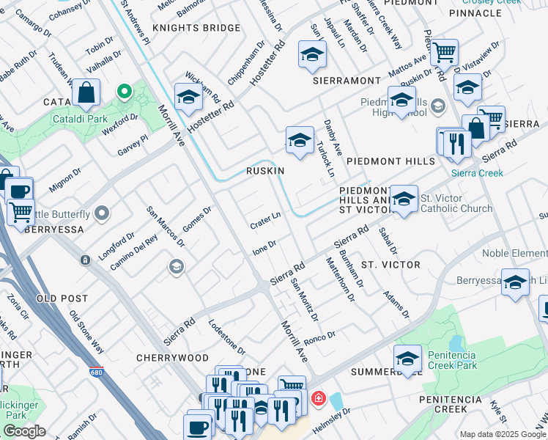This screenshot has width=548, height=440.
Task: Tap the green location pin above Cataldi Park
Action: click(125, 92)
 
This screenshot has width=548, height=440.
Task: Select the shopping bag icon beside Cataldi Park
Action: click(86, 94)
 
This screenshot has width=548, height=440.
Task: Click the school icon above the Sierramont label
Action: click(312, 54)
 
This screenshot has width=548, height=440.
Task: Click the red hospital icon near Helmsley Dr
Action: click(318, 399)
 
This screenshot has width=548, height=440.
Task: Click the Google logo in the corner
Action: click(24, 431)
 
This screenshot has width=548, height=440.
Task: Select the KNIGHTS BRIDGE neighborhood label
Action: click(196, 28)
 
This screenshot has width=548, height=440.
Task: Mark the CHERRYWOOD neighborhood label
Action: click(172, 358)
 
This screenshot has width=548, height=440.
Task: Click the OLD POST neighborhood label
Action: click(62, 298)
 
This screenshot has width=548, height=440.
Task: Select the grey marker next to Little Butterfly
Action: click(102, 214)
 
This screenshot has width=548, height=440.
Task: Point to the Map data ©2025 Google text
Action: click(503, 434)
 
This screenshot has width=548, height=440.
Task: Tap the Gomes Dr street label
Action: click(196, 219)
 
